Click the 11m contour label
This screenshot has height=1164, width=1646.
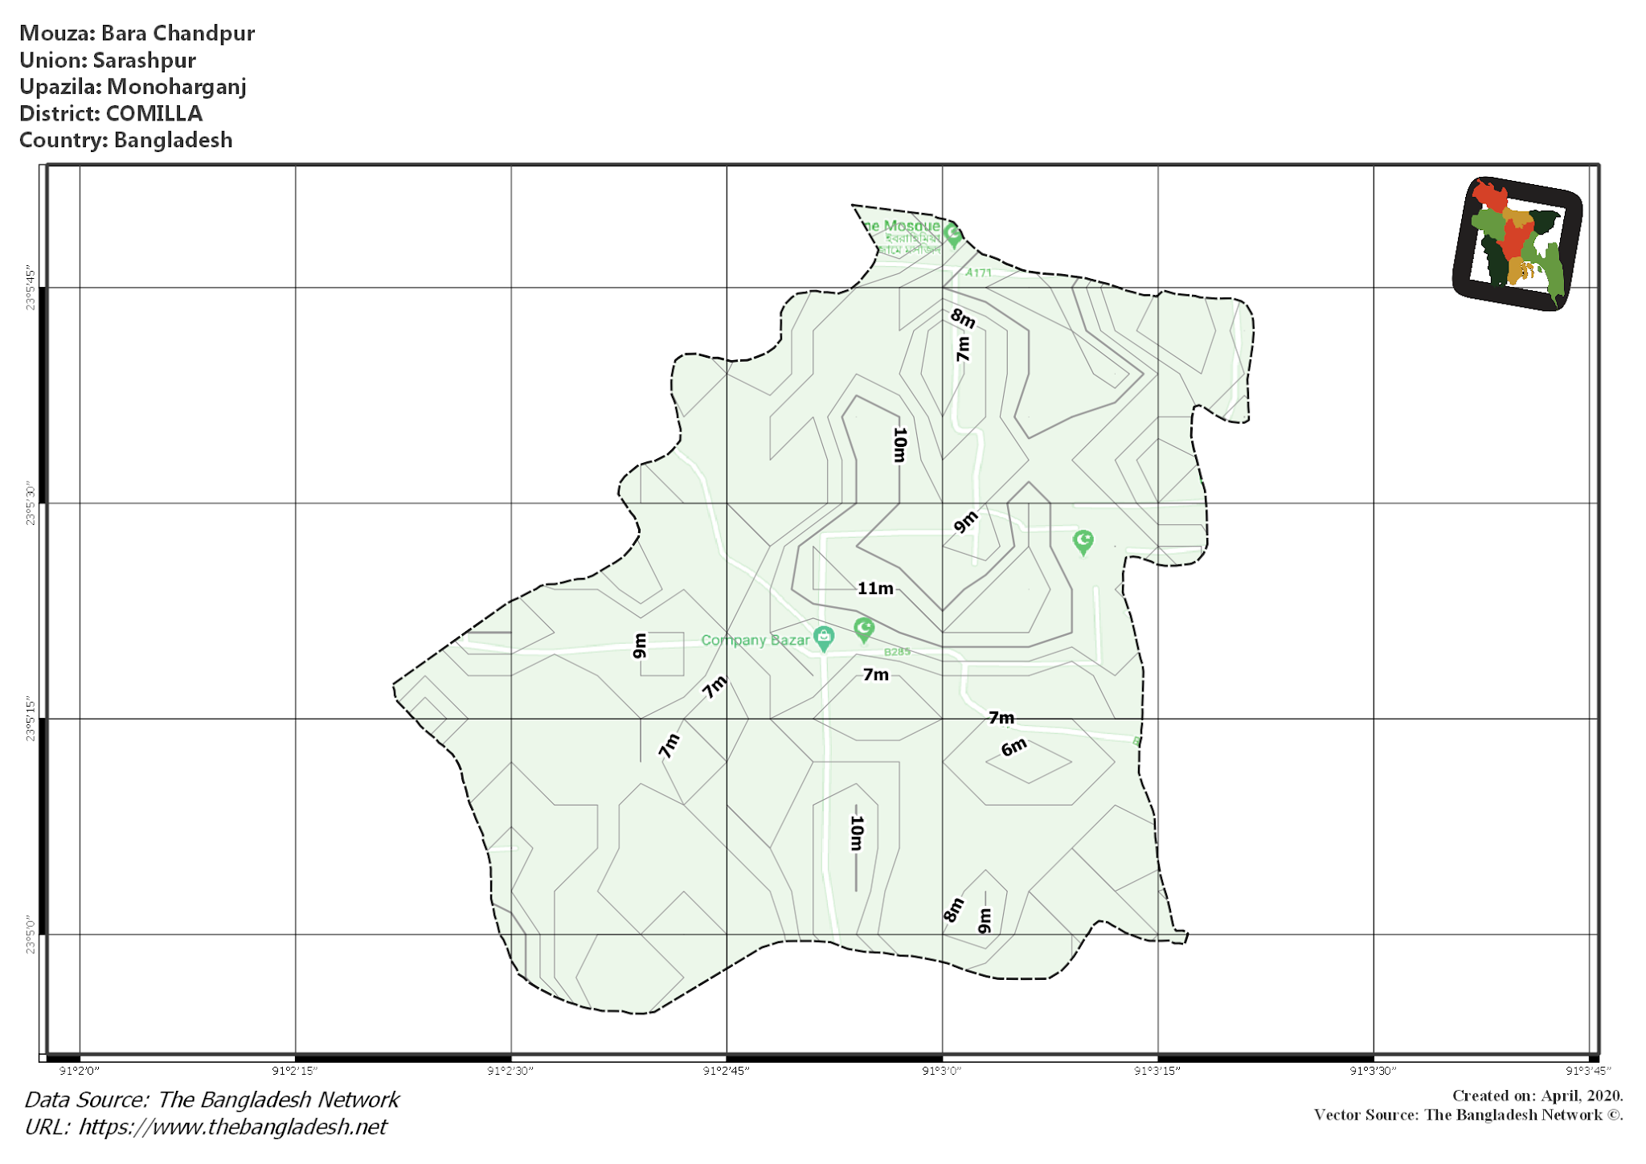click(875, 588)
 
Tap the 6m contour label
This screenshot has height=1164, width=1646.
click(1013, 748)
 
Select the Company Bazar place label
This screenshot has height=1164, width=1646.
click(755, 640)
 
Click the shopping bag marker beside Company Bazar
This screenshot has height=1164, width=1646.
click(823, 637)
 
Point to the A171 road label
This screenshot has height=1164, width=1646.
click(978, 273)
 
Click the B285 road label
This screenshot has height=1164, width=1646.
click(897, 652)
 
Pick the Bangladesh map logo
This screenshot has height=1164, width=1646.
click(1517, 243)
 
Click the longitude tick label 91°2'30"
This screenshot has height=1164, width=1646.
click(510, 1071)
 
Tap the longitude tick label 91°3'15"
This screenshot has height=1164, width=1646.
click(1157, 1071)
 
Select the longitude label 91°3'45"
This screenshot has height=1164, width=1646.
click(1587, 1071)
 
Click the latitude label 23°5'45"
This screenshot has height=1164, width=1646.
click(31, 287)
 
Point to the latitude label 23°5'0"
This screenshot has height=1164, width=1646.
click(31, 934)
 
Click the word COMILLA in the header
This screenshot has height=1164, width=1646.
click(154, 113)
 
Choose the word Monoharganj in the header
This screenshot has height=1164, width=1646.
click(177, 87)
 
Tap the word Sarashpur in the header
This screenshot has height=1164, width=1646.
click(145, 60)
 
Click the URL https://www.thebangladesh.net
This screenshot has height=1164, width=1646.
click(232, 1127)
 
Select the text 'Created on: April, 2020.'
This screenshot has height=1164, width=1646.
click(1537, 1096)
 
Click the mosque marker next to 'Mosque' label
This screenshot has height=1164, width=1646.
click(953, 234)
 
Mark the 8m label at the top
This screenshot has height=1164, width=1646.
click(963, 318)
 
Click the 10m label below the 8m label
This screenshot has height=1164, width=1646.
click(899, 445)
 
